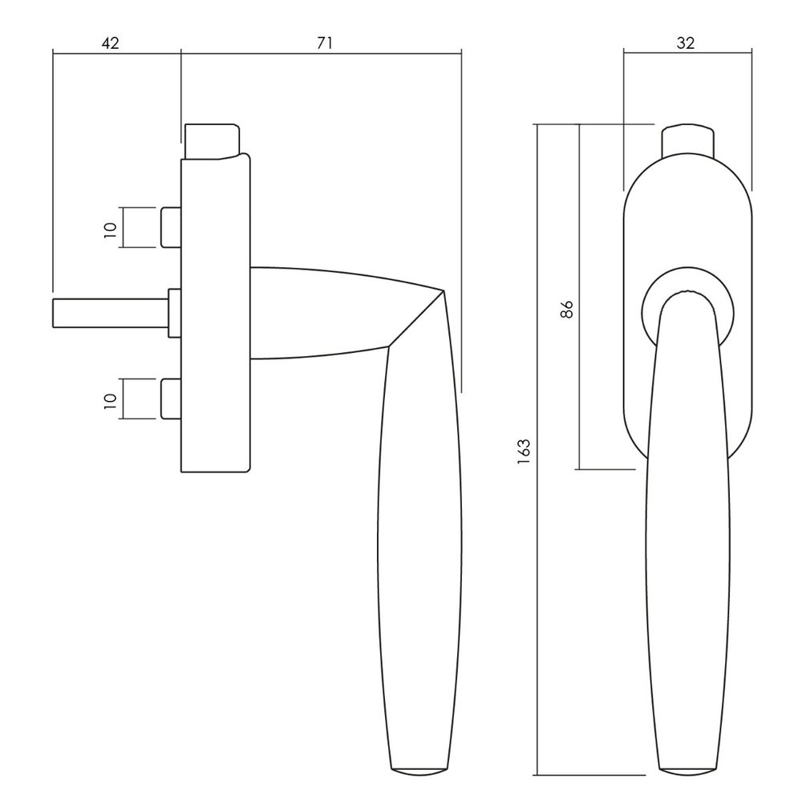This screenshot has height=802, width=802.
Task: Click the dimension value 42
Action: pos(111,43)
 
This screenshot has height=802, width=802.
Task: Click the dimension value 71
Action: pos(324,43)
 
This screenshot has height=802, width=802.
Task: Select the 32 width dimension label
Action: pos(686,43)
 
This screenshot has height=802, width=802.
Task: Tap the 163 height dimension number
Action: pos(525,451)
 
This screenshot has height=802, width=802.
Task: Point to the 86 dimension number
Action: pos(567,310)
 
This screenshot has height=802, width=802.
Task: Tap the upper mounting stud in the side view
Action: pos(172,228)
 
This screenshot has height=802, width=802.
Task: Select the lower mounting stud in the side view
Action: pos(172,399)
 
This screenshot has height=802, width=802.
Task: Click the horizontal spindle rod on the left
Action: pos(111,313)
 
